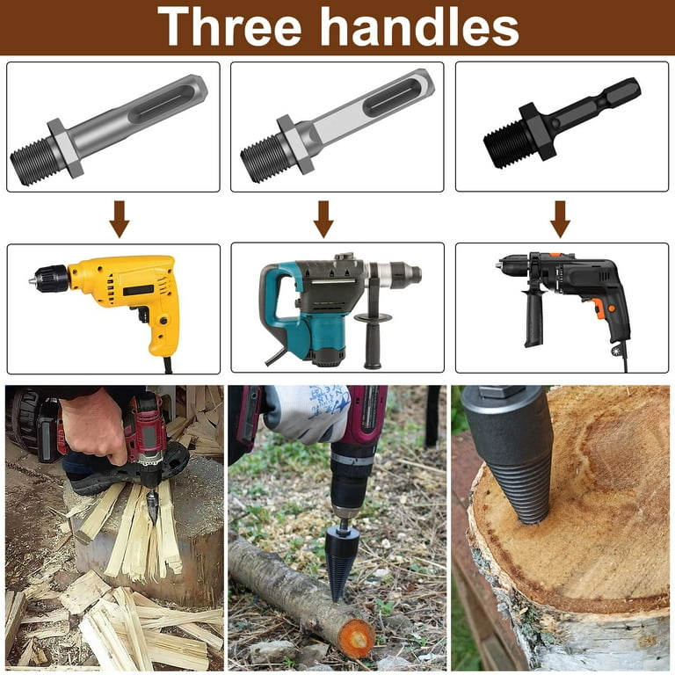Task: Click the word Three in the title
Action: pos(229,26)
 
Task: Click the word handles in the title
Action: pos(420,26)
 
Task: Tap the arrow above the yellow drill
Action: pos(120,219)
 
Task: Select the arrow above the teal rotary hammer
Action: pos(323,219)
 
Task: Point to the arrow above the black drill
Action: pos(560,219)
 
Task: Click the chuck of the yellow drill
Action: pos(50,279)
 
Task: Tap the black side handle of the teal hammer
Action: pos(373,340)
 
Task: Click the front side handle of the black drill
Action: pos(533,317)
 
